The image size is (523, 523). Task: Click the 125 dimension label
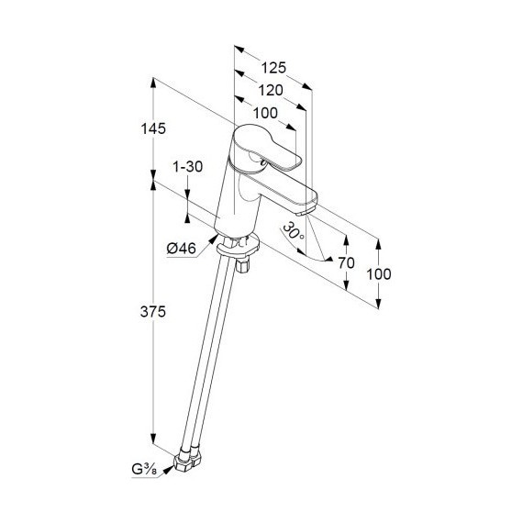click(x=273, y=68)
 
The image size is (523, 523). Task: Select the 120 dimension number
click(x=271, y=90)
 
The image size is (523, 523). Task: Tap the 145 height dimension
click(x=153, y=128)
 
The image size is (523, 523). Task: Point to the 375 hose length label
click(x=153, y=312)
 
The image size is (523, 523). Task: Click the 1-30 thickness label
click(x=187, y=166)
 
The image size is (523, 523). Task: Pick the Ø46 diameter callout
click(x=181, y=248)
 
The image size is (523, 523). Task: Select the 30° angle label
click(x=294, y=231)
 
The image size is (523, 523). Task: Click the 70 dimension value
click(x=346, y=262)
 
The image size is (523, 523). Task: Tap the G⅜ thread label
click(x=144, y=470)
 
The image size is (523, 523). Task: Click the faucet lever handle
click(x=267, y=147)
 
